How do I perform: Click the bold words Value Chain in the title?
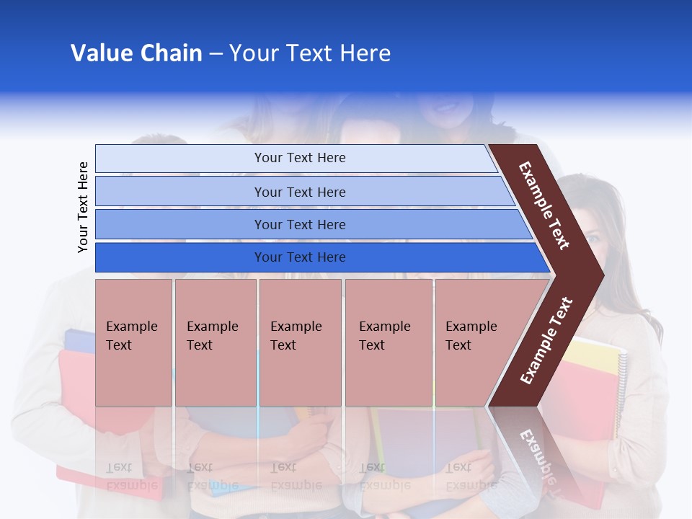click(136, 53)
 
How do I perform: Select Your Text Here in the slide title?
click(310, 53)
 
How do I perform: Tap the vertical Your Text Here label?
click(83, 207)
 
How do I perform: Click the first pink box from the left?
click(133, 342)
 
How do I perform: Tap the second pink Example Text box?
click(215, 342)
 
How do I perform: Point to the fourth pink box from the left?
click(388, 342)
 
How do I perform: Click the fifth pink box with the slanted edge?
click(476, 342)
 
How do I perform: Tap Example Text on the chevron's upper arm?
click(544, 205)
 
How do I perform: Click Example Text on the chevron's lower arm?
click(546, 341)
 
